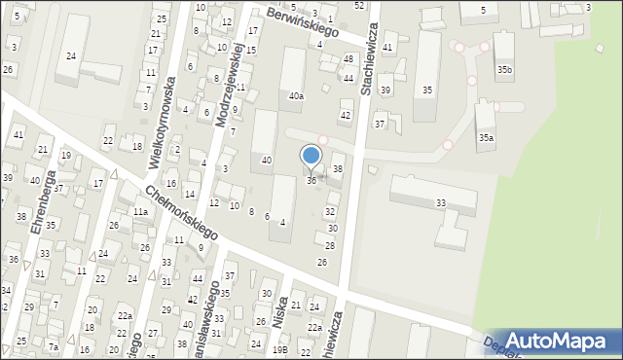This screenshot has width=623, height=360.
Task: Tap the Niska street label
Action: (x=284, y=314)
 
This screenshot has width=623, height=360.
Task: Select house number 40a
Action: (x=296, y=96)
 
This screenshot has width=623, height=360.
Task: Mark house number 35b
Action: (x=504, y=70)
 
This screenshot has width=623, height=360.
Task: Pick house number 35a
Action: (x=486, y=138)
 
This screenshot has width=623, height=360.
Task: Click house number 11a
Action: (x=140, y=212)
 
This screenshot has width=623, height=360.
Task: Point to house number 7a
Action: (x=55, y=347)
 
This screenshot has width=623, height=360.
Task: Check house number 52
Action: (x=359, y=6)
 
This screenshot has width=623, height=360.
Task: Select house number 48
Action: (x=348, y=59)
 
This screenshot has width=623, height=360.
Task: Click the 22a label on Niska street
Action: (x=314, y=328)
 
